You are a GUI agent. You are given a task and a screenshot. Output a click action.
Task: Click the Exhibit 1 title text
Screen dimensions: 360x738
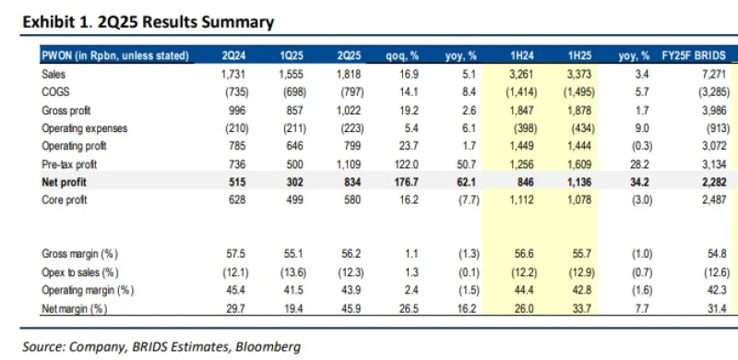(145, 20)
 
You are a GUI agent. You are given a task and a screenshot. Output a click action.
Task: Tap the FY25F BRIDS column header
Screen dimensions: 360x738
(693, 56)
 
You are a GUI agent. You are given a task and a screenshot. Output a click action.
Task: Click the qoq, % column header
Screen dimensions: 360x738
(403, 56)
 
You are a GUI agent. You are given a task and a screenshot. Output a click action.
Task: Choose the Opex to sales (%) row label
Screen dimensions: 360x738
(81, 271)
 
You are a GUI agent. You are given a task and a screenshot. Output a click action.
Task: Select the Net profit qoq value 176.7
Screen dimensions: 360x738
(407, 181)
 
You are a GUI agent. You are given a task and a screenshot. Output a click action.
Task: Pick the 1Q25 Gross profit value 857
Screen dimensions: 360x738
(292, 109)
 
